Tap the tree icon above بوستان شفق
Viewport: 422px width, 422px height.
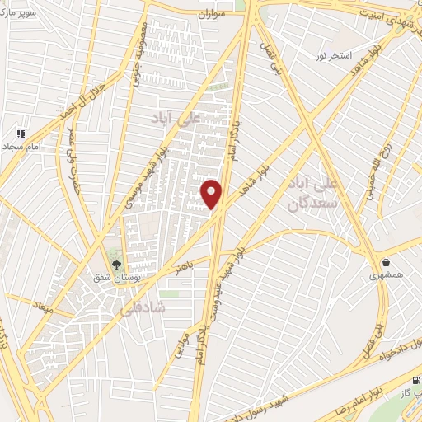pyautogui.click(x=115, y=265)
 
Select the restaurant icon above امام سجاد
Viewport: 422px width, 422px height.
pyautogui.click(x=21, y=132)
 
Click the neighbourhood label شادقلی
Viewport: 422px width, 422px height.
pyautogui.click(x=142, y=308)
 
